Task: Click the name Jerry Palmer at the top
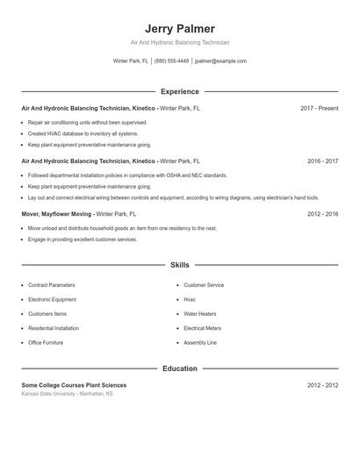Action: tap(179, 29)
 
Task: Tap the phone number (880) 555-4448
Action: tap(171, 61)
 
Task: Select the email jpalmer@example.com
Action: tap(220, 61)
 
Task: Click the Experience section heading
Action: tap(179, 91)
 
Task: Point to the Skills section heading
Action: tap(179, 264)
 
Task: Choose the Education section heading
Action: tap(179, 368)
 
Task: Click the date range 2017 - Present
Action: tap(319, 109)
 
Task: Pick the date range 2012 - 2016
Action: tap(322, 214)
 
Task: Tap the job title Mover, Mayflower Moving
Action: tap(57, 214)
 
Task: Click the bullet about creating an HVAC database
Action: tap(83, 133)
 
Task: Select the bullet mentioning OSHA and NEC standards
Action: tap(127, 175)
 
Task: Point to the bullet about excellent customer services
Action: tap(83, 239)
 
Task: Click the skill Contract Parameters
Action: tap(52, 285)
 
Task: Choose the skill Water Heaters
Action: tap(200, 313)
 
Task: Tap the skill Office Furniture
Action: tap(46, 342)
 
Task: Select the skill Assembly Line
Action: tap(200, 342)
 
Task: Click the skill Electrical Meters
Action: tap(203, 328)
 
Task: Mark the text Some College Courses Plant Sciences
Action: tap(74, 385)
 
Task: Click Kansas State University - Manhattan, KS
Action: tap(67, 394)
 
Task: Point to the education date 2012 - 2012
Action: tap(322, 385)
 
